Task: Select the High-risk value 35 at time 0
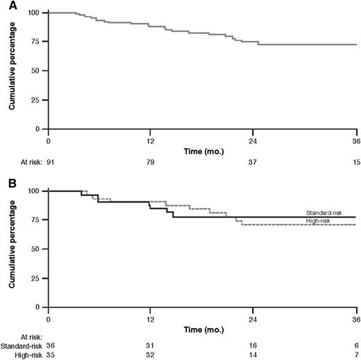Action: click(49, 356)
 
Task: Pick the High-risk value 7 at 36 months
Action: click(355, 356)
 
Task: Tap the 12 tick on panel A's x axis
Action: click(151, 140)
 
